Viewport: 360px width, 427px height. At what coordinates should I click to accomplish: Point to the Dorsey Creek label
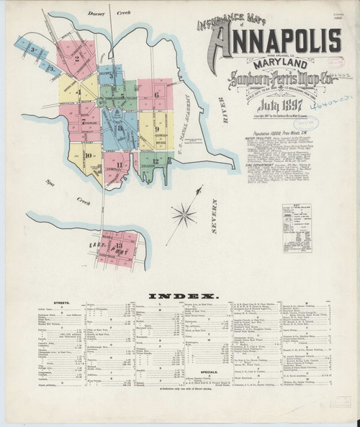tap(100, 13)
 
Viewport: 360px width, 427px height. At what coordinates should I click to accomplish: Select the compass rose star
tap(184, 214)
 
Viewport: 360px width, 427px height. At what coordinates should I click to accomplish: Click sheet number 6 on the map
tap(156, 94)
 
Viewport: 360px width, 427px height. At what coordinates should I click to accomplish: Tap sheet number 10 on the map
tap(88, 154)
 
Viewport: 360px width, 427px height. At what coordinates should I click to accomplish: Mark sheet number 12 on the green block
tap(155, 161)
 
